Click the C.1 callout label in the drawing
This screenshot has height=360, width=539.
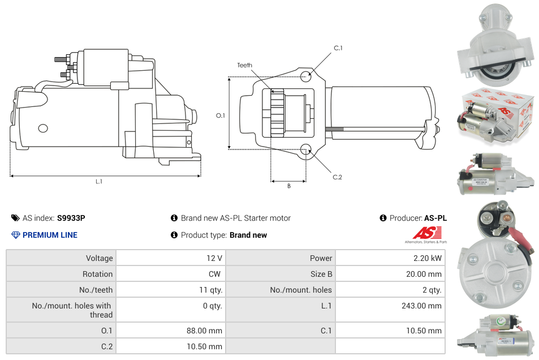tap(338, 48)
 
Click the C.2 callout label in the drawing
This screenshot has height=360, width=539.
tap(337, 177)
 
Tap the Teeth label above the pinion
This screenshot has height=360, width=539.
tap(244, 65)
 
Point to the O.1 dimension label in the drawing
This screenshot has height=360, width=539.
tap(221, 115)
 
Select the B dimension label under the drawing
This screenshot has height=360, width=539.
tap(288, 186)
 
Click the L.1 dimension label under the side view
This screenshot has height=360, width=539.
tap(99, 182)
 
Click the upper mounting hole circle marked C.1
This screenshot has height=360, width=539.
tap(306, 76)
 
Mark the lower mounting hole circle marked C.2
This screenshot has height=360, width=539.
tap(306, 149)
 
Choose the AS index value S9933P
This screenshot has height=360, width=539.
tap(71, 218)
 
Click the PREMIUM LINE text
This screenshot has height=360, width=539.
tap(50, 235)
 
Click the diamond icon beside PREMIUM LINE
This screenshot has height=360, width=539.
tap(16, 235)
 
